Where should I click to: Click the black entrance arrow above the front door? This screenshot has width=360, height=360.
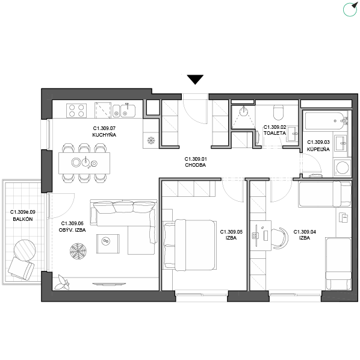pyautogui.click(x=195, y=79)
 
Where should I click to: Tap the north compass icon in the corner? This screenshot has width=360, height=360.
pyautogui.click(x=350, y=9)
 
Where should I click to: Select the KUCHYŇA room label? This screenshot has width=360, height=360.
pyautogui.click(x=104, y=135)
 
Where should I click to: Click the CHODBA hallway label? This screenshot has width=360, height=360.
pyautogui.click(x=196, y=165)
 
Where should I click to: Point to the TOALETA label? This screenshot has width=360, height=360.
pyautogui.click(x=275, y=133)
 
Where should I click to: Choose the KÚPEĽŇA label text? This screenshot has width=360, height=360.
pyautogui.click(x=318, y=149)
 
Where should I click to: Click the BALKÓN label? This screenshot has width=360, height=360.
pyautogui.click(x=23, y=219)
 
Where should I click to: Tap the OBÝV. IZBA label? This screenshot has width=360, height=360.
pyautogui.click(x=72, y=230)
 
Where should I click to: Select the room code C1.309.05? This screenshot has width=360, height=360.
pyautogui.click(x=231, y=232)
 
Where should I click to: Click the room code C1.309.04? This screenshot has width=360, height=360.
pyautogui.click(x=305, y=232)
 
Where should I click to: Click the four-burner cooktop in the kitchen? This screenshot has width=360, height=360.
pyautogui.click(x=76, y=111)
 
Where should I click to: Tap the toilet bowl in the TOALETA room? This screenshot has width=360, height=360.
pyautogui.click(x=279, y=113)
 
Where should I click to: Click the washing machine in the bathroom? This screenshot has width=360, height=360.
pyautogui.click(x=342, y=167)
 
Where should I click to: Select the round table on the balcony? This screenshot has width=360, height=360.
pyautogui.click(x=25, y=250)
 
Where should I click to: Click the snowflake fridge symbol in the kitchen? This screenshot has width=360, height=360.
pyautogui.click(x=151, y=140)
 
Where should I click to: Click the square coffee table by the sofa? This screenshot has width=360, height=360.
pyautogui.click(x=108, y=244)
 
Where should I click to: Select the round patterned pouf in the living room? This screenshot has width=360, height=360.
pyautogui.click(x=78, y=251)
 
